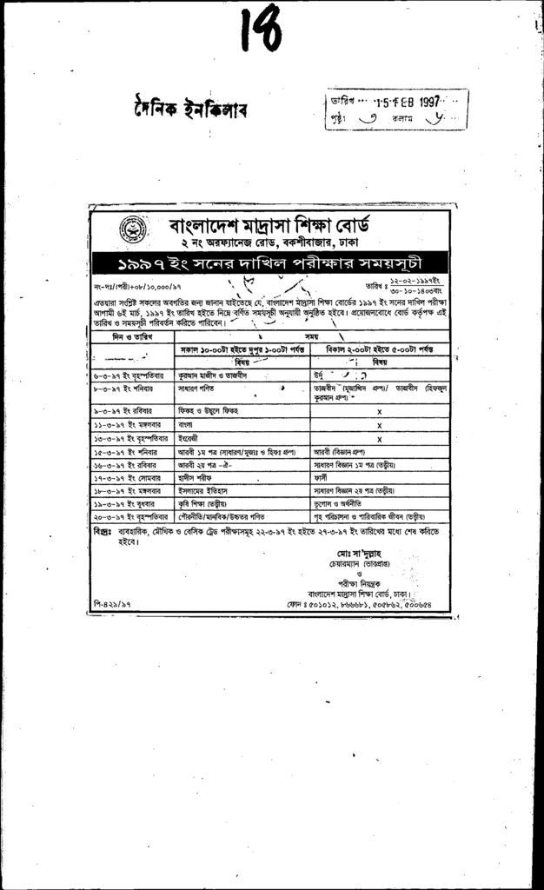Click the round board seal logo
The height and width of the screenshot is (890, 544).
(x=132, y=232)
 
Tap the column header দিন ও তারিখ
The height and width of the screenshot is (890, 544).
(x=131, y=335)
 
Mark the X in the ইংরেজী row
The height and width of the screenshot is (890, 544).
(x=379, y=439)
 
